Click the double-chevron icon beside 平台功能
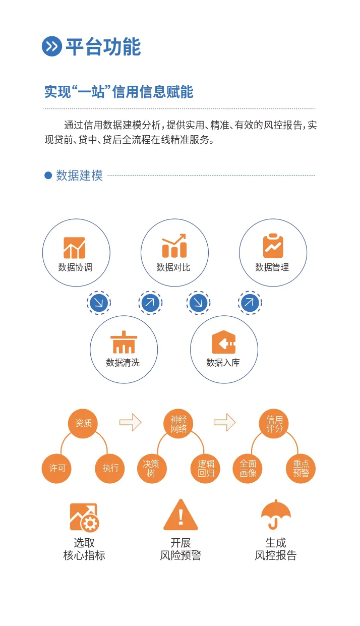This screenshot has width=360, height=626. click(x=51, y=46)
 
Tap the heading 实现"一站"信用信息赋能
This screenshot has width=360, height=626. click(x=118, y=92)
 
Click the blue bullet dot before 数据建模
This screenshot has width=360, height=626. click(x=48, y=176)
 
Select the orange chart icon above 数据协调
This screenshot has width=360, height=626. click(x=75, y=248)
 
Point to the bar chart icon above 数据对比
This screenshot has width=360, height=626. click(x=174, y=246)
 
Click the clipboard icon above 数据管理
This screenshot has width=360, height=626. click(x=273, y=246)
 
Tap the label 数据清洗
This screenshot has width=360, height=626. click(x=123, y=363)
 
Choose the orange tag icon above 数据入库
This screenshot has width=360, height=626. click(x=223, y=343)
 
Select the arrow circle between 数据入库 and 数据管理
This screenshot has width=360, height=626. click(x=250, y=303)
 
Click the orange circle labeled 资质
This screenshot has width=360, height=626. click(x=83, y=423)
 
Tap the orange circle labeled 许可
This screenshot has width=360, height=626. click(x=57, y=468)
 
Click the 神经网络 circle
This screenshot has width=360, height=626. click(x=178, y=424)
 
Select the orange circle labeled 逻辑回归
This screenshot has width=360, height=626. click(x=206, y=468)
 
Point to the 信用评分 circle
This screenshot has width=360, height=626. click(x=274, y=424)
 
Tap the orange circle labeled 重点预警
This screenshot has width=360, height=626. click(x=301, y=468)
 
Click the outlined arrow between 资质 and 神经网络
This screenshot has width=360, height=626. click(x=130, y=422)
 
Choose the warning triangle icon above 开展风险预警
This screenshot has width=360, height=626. click(x=181, y=516)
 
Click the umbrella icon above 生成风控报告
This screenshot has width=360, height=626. click(x=276, y=515)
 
